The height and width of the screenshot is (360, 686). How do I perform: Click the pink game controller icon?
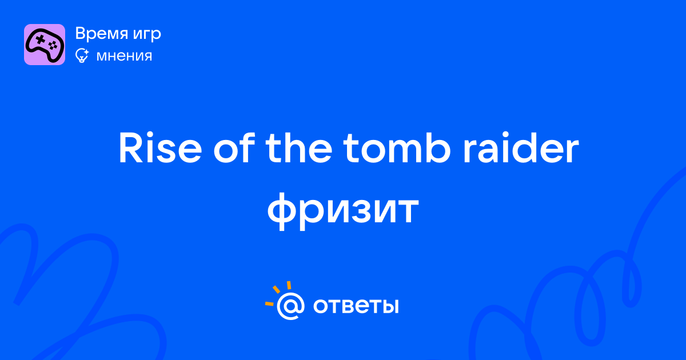[x=45, y=45]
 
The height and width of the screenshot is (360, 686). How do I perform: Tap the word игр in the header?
[x=147, y=35]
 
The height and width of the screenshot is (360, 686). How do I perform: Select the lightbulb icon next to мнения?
[x=82, y=55]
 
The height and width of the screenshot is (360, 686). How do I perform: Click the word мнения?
[x=124, y=57]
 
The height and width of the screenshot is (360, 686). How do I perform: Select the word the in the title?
[x=298, y=147]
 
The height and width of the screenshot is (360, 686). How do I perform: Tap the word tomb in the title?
[x=397, y=147]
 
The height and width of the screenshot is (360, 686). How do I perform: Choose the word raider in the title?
[x=521, y=147]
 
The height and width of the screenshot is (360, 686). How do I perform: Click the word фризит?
[x=343, y=210]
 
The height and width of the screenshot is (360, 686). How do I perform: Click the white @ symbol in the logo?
[x=290, y=306]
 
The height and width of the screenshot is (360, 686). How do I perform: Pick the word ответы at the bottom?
[x=356, y=306]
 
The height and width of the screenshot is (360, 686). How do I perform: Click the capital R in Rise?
[x=131, y=148]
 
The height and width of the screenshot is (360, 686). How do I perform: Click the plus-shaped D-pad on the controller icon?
[x=40, y=39]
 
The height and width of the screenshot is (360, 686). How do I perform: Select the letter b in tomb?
[x=437, y=147]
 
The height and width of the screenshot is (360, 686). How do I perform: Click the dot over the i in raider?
[x=505, y=136]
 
